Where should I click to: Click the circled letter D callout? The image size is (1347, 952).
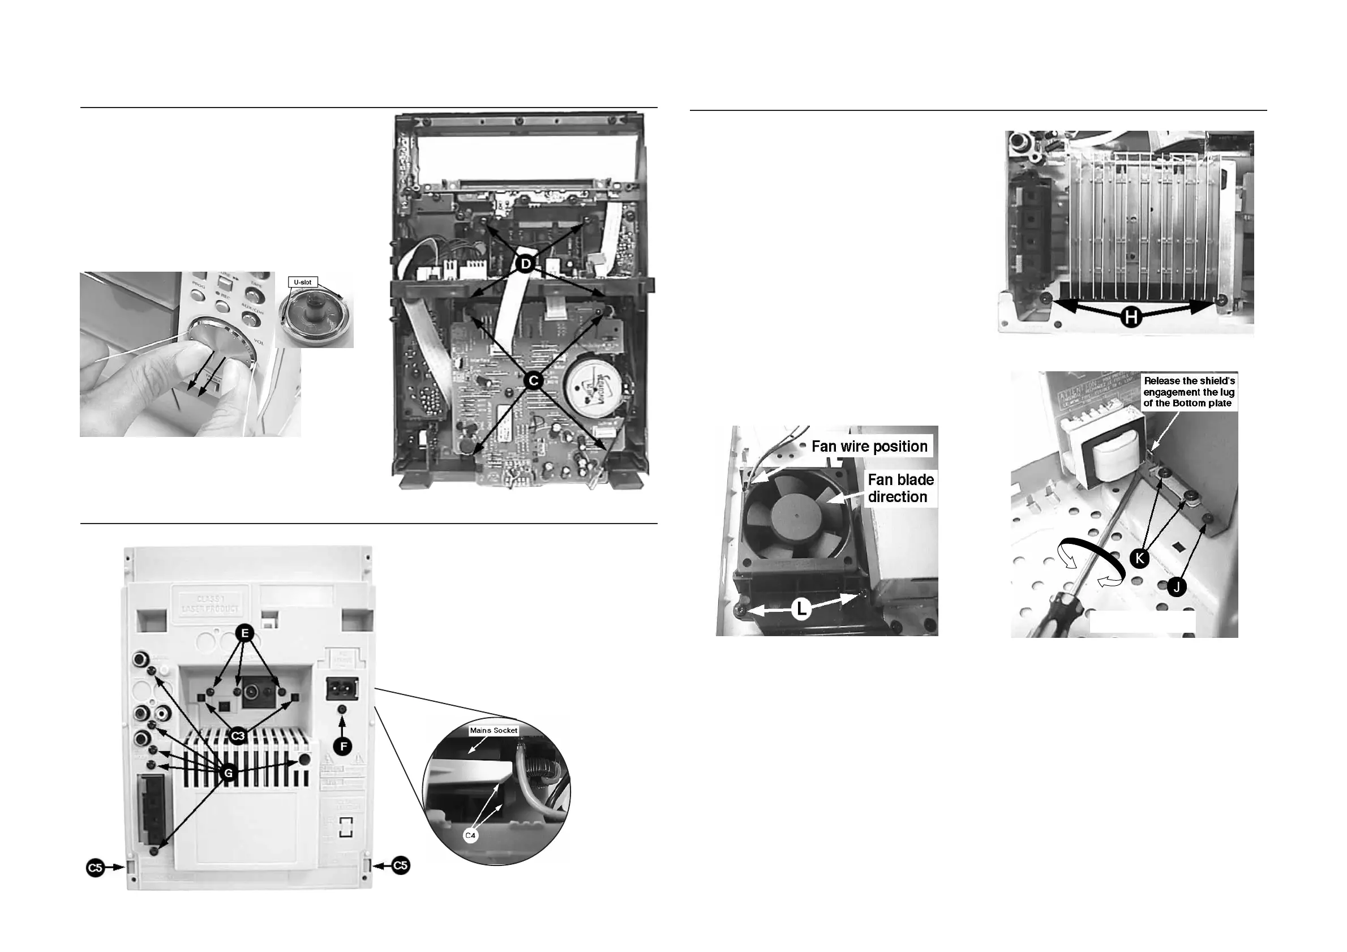[x=526, y=264]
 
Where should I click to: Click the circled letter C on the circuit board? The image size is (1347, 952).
[x=533, y=381]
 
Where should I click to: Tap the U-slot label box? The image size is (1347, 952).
[x=303, y=282]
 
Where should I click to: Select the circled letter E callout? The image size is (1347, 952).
[x=244, y=633]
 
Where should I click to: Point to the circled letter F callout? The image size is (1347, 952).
[x=342, y=746]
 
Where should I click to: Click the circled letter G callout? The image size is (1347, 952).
[x=229, y=774]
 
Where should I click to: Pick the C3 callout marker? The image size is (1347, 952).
[x=238, y=736]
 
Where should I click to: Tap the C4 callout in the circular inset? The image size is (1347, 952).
[x=470, y=835]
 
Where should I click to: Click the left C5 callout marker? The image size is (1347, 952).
[x=95, y=867]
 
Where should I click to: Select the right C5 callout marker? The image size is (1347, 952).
[x=401, y=865]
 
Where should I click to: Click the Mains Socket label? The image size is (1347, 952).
[x=494, y=730]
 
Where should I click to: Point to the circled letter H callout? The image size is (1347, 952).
[x=1131, y=318]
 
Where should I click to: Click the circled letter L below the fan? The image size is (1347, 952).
[x=801, y=610]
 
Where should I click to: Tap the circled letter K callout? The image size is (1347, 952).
[x=1139, y=558]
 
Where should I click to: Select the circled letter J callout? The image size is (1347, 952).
[x=1176, y=586]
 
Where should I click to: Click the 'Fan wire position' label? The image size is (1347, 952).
[x=869, y=447]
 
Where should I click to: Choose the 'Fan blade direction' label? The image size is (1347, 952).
[x=900, y=488]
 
